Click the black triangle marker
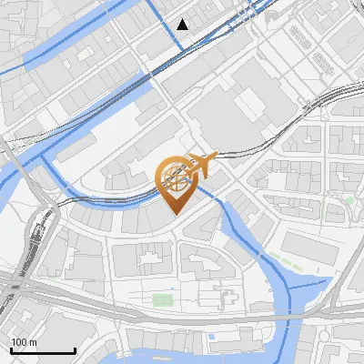pyautogui.click(x=184, y=25)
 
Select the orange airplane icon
pyautogui.click(x=203, y=165)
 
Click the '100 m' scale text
pyautogui.click(x=24, y=342)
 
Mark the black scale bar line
pyautogui.click(x=42, y=351)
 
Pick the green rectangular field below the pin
pyautogui.click(x=163, y=299)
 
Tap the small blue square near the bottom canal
pyautogui.click(x=211, y=338)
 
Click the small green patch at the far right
pyautogui.click(x=349, y=199)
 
